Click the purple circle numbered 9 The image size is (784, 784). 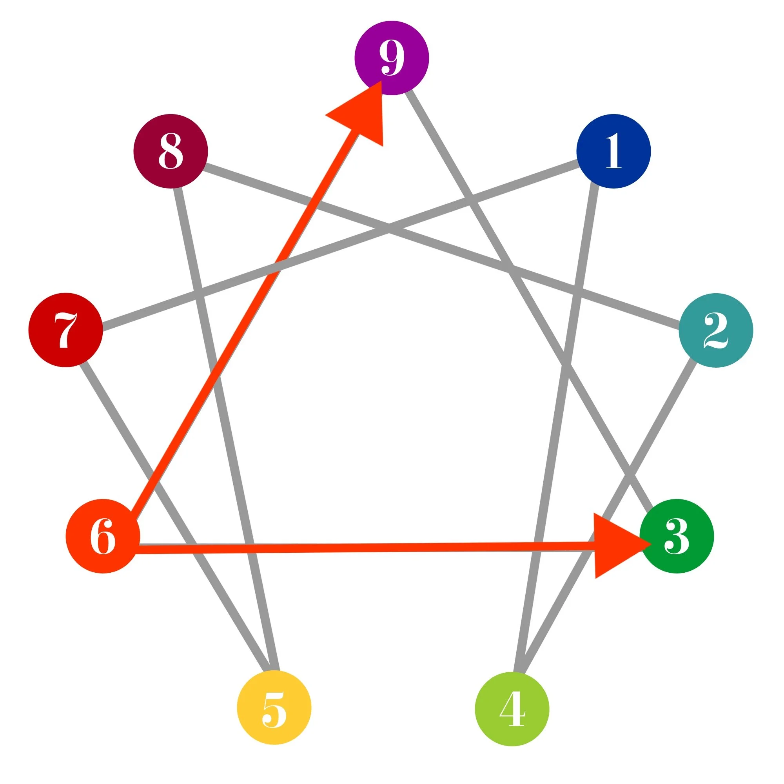point(392,57)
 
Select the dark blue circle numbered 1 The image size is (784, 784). point(613,151)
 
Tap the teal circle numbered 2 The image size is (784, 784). point(715,330)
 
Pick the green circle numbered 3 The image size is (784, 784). point(676,536)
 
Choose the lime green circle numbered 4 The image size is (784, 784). point(512,708)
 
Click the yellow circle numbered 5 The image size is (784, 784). point(274,707)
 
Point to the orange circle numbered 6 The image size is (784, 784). point(103,536)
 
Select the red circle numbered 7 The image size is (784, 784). point(65,330)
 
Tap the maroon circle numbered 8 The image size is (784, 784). point(171,151)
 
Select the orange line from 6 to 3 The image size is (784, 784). point(365,548)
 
